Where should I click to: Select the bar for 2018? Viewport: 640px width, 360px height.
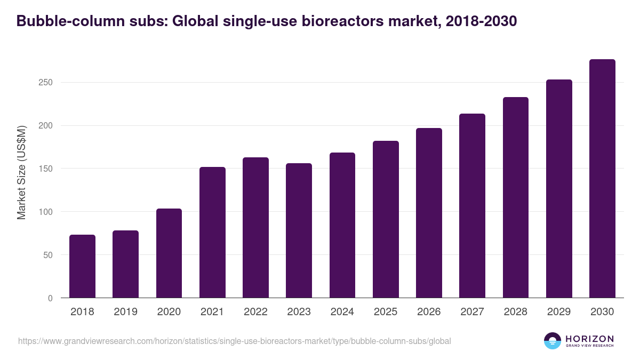click(82, 266)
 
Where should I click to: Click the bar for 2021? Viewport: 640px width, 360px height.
click(212, 233)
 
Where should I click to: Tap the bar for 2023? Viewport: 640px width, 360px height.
click(299, 230)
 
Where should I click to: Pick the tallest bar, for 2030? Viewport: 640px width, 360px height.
click(602, 179)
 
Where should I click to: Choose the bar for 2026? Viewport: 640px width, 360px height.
click(429, 213)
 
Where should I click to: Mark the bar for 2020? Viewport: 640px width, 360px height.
click(169, 253)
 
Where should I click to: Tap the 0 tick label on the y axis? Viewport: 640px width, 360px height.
click(50, 298)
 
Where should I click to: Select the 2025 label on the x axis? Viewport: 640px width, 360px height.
click(386, 312)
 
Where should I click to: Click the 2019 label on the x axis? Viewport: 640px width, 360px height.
click(126, 312)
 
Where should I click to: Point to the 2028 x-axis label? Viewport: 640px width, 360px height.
click(516, 312)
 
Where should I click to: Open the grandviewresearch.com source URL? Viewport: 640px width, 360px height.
click(235, 341)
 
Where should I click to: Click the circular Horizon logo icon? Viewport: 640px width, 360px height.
click(553, 341)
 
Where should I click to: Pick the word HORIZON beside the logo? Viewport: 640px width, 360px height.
click(589, 339)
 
